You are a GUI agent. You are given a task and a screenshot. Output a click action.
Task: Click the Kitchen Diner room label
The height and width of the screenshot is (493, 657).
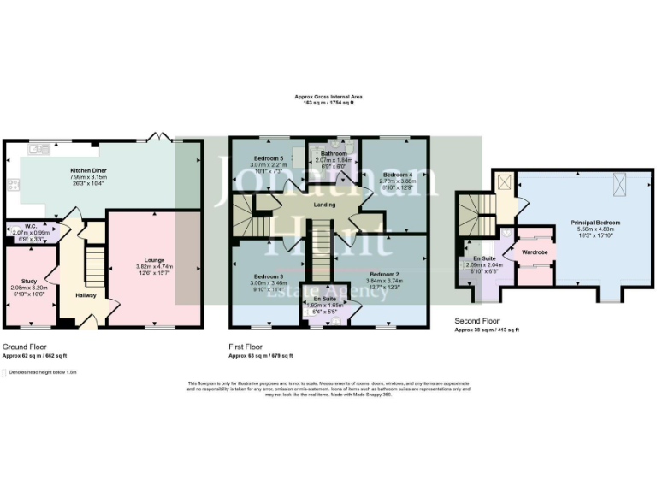(x=87, y=170)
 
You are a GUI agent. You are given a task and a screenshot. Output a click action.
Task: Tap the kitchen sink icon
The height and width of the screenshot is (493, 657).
(x=38, y=150)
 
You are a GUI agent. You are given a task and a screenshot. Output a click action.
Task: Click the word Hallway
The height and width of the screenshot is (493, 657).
(x=86, y=295)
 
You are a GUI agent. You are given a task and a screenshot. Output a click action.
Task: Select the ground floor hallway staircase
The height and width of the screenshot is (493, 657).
(x=93, y=264)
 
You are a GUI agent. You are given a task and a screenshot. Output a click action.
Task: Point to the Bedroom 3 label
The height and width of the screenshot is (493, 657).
(x=268, y=276)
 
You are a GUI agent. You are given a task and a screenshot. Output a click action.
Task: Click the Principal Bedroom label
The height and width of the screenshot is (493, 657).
(x=595, y=223)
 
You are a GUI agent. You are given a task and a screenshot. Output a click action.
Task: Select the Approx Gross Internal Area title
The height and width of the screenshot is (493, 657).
(x=328, y=97)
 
